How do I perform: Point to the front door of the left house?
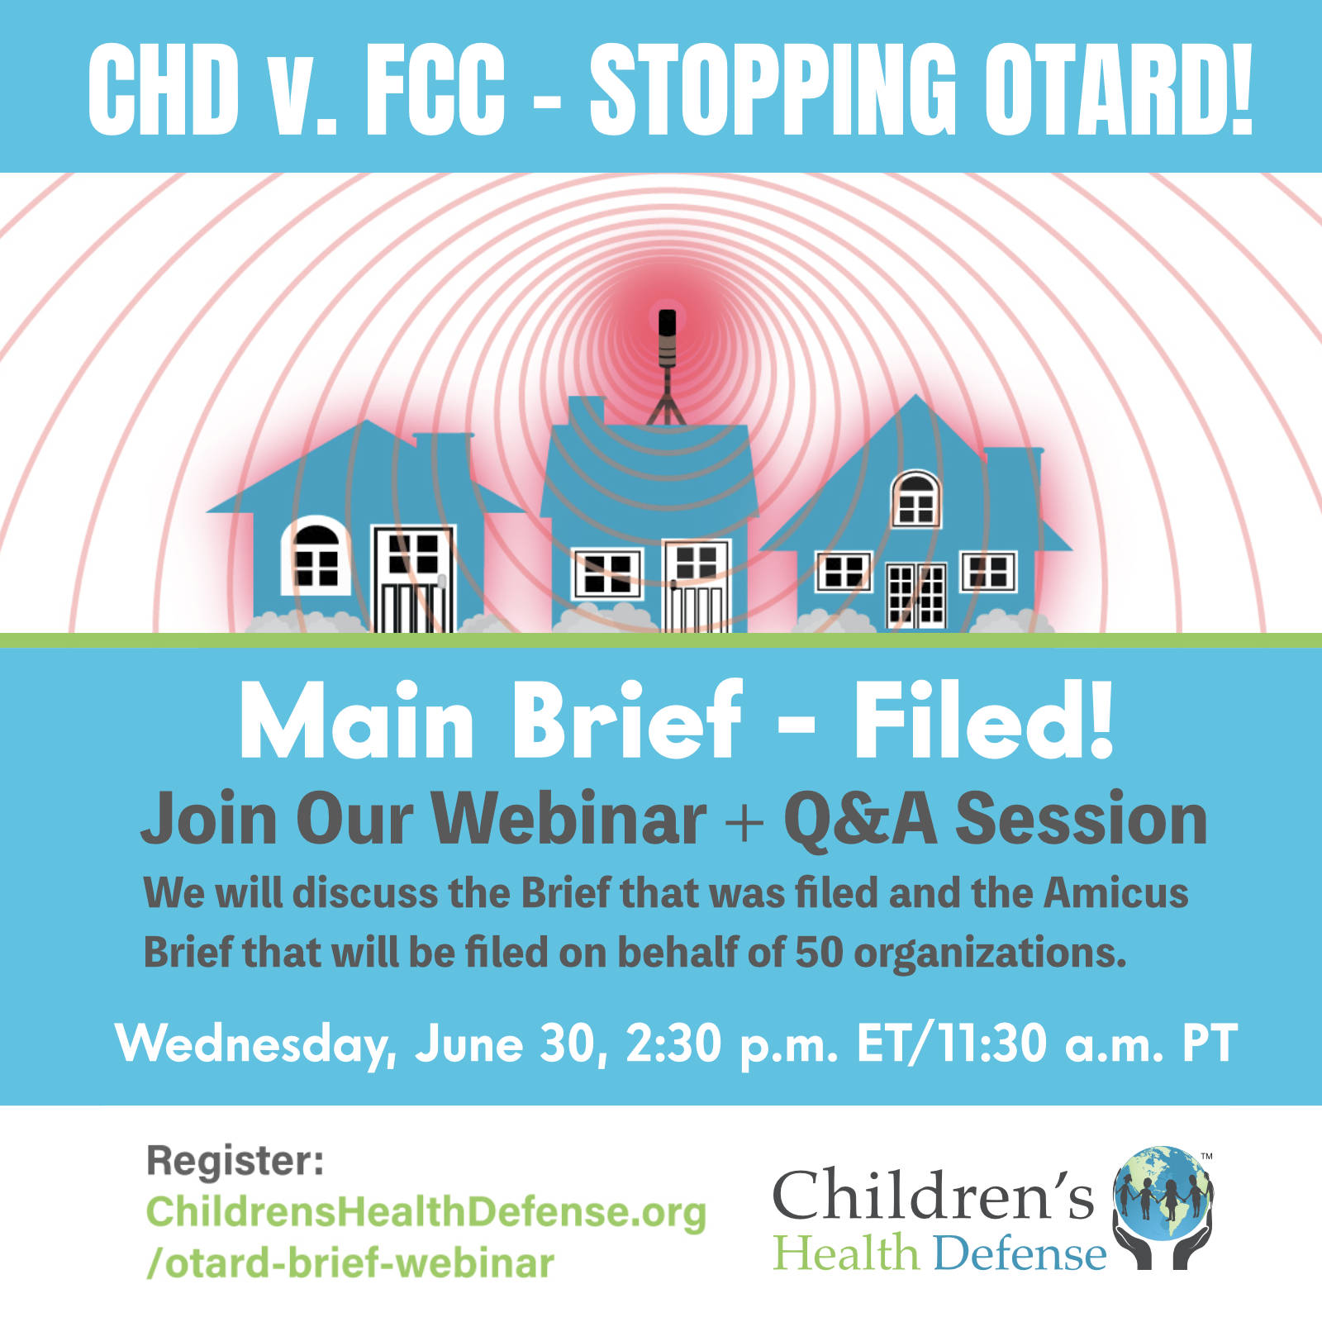coord(413,579)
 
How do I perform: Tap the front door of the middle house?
coord(697,586)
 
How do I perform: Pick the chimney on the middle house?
coord(587,411)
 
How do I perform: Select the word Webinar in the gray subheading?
coord(569,819)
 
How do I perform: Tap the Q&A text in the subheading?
coord(860,820)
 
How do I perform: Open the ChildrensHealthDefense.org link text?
coord(426,1212)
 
